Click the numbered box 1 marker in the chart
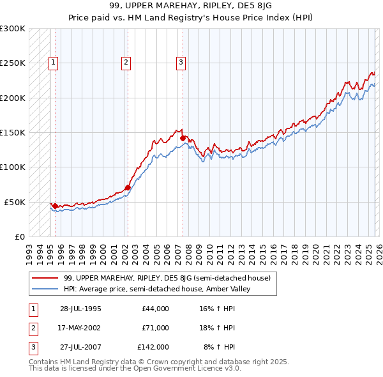[x=53, y=62]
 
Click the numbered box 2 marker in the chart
[x=126, y=62]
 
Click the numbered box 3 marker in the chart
[x=181, y=62]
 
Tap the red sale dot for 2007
[x=183, y=137]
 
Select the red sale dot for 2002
[x=128, y=187]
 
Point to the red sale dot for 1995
[x=56, y=206]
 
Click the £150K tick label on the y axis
[x=13, y=132]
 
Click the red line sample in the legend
[x=46, y=278]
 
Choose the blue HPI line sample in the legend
[x=46, y=289]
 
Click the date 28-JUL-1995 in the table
[x=80, y=309]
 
